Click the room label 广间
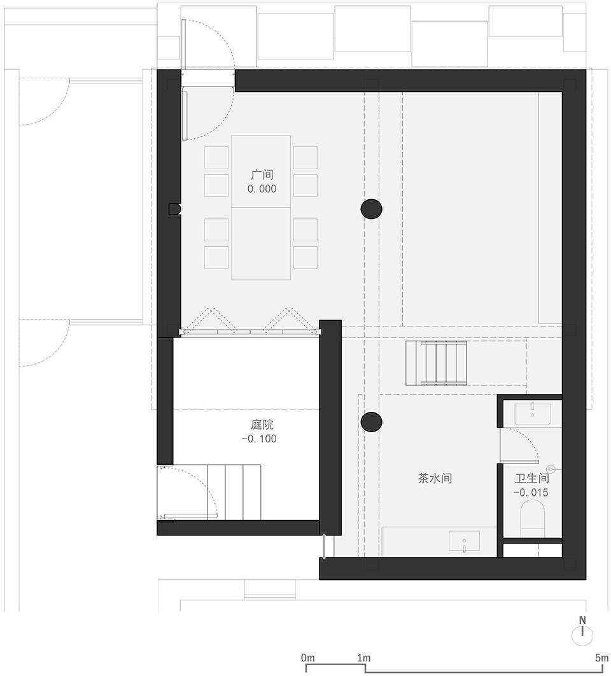[262, 175]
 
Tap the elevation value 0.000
[262, 189]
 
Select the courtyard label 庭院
[262, 425]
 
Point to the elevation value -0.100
[259, 439]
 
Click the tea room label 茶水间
[435, 479]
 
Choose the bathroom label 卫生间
[531, 479]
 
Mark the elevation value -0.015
[531, 492]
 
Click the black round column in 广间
[371, 209]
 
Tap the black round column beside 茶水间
[371, 421]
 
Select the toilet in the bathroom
[533, 519]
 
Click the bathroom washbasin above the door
[532, 414]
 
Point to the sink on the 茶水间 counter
[464, 540]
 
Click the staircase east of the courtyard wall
[436, 363]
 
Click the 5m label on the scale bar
[601, 658]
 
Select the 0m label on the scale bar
[308, 658]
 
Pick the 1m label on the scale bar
[364, 658]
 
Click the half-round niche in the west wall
[174, 209]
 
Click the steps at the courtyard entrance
[234, 492]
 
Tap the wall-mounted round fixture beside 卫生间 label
[552, 468]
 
